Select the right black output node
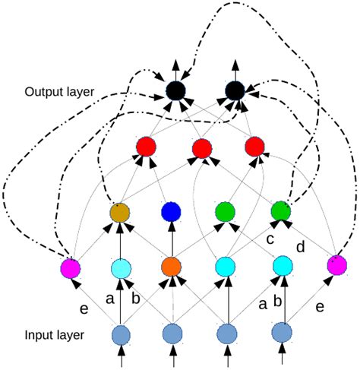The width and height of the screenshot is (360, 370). (x=235, y=91)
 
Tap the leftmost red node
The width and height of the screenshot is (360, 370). (x=145, y=146)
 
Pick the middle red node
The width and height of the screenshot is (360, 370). (x=201, y=149)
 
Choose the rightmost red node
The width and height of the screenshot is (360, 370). (x=255, y=146)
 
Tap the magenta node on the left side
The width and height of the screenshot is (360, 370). (x=71, y=268)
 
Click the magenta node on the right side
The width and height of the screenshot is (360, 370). (x=336, y=265)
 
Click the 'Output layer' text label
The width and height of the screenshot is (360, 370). (x=59, y=92)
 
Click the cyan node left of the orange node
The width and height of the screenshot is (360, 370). (x=121, y=267)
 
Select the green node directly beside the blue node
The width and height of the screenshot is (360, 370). (x=225, y=210)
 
